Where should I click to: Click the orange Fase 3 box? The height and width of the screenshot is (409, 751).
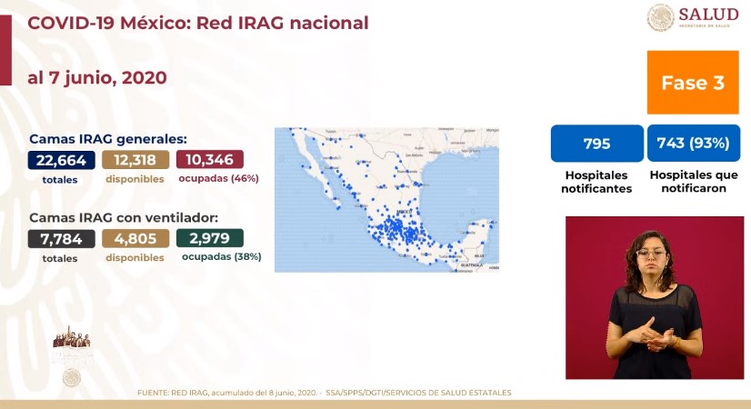692,83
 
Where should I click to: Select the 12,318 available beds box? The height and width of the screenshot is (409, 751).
135,160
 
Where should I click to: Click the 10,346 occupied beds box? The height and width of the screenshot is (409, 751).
210,160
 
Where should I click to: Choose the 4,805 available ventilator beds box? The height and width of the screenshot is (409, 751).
135,239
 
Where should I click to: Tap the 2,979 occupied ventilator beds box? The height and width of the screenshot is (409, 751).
210,239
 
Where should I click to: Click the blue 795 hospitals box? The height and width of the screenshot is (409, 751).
596,144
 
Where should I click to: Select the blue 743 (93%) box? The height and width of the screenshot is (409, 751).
693,144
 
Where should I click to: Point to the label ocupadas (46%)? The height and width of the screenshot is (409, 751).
220,179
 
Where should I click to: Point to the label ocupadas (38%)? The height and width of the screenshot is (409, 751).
221,257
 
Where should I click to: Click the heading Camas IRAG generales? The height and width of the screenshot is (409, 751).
108,139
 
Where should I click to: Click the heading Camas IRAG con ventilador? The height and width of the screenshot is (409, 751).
123,218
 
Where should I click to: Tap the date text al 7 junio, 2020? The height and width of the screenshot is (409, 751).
97,78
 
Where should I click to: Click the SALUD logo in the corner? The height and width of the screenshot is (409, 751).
694,17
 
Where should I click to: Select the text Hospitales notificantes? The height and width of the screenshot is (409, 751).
597,181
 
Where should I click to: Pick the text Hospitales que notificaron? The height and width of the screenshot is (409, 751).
693,181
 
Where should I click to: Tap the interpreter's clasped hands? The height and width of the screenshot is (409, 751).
656,335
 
